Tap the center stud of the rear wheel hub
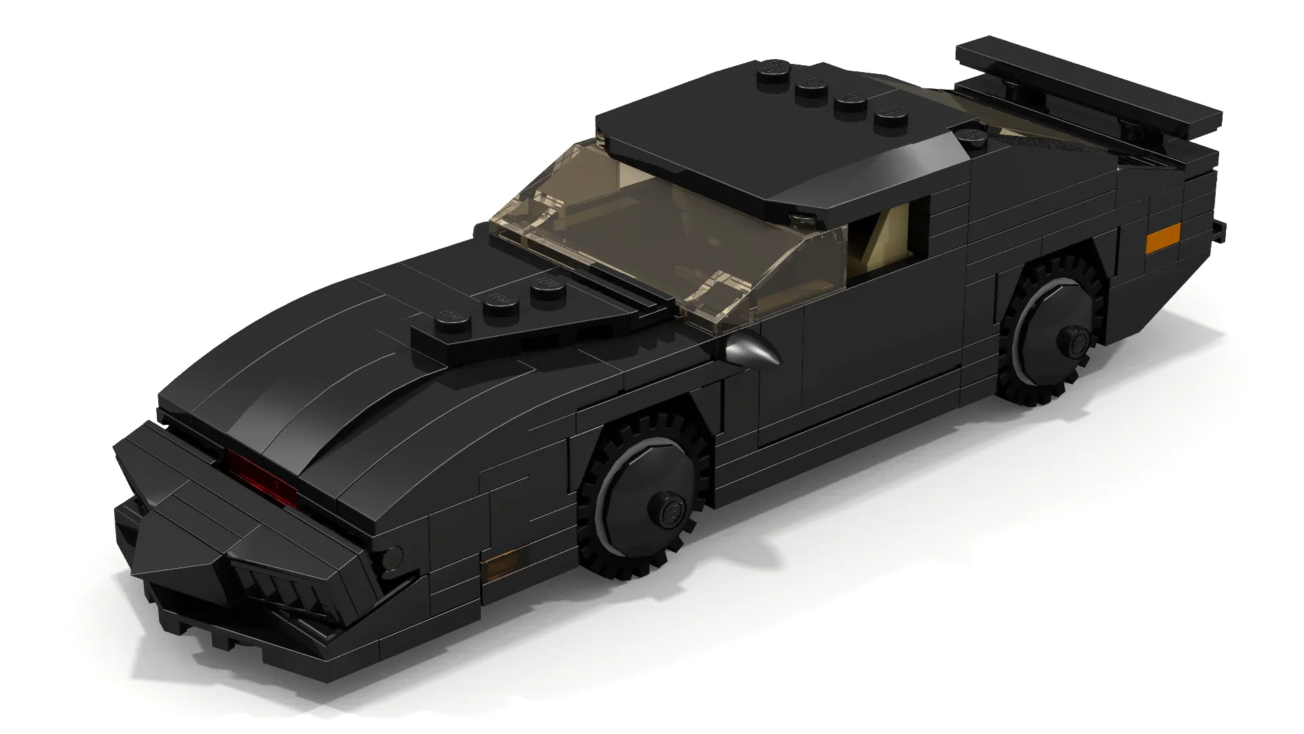(1074, 338)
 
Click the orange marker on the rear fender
(1163, 239)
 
